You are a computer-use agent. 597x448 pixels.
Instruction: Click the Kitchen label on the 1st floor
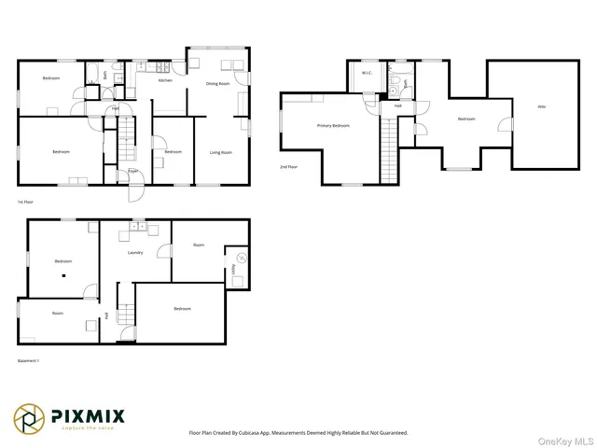165,81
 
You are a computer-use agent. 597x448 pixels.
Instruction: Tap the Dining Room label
218,84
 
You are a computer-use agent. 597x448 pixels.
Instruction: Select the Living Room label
220,152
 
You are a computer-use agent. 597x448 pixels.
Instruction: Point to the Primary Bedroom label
333,125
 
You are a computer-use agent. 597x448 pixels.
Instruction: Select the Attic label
541,107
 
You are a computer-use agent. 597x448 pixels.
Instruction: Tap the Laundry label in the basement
135,252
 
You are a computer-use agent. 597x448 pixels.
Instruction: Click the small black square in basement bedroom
63,276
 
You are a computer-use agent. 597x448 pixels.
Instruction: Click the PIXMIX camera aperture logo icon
28,418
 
